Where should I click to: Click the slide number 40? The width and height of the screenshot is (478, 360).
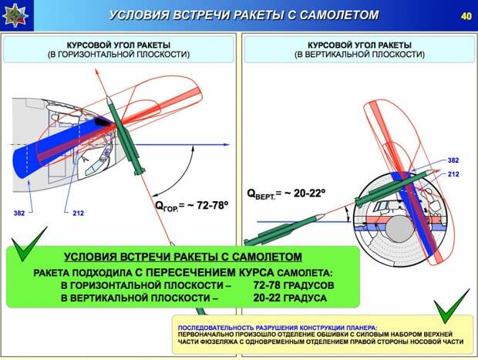pos(466,16)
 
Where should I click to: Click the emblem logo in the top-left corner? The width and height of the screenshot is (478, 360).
pos(15,15)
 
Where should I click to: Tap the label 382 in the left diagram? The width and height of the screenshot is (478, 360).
pos(19,213)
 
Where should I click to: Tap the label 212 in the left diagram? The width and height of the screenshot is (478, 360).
pos(78,213)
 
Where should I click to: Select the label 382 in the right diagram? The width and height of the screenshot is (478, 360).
pos(453,160)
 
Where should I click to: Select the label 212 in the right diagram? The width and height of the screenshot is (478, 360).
pos(453,174)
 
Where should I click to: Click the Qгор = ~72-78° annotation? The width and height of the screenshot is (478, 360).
pos(192,206)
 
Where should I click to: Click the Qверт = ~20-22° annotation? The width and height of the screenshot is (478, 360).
pos(286,193)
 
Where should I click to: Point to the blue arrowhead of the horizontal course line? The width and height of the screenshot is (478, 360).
pos(226,144)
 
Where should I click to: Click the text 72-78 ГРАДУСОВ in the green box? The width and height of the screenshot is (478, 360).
pos(294,285)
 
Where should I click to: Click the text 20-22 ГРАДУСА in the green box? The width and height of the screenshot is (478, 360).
pos(290,298)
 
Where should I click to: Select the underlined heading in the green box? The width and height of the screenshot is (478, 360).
pos(183,257)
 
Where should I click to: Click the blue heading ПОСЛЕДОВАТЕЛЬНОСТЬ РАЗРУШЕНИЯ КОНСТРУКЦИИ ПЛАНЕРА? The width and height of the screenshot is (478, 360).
pos(278,328)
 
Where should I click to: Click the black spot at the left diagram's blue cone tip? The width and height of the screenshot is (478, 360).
pos(103,122)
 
